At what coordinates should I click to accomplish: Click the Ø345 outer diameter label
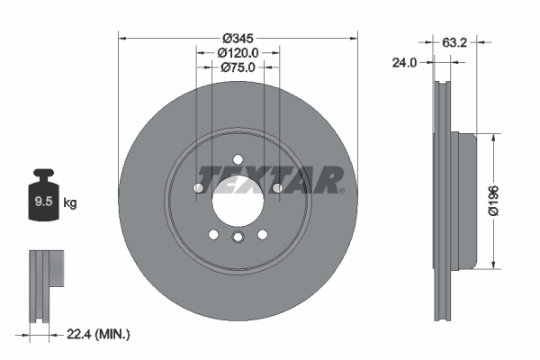pos(238,38)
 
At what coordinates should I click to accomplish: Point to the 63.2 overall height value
pos(455,40)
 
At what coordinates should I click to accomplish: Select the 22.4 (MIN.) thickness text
pos(100,334)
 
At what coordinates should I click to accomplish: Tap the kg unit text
pos(70,203)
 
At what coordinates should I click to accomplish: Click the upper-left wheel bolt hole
pos(199,187)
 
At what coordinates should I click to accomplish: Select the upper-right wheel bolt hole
pos(278,187)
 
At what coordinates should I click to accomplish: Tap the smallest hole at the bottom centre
pos(238,238)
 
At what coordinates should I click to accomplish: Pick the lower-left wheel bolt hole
pos(214,234)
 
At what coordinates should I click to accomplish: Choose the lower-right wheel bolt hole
pos(263,234)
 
